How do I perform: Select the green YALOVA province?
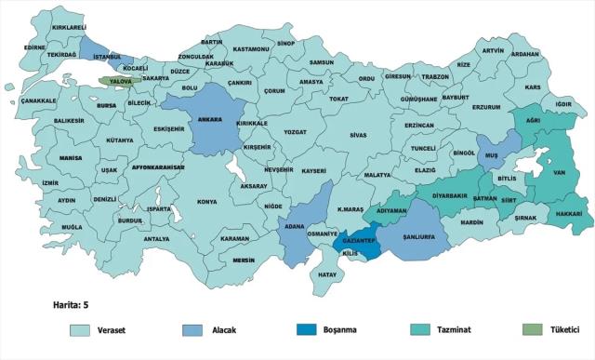point(120,82)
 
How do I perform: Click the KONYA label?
point(206,202)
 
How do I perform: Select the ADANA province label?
point(296,226)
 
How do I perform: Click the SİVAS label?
point(358,135)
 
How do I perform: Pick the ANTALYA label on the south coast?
point(156,239)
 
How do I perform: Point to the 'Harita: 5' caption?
point(72,303)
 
